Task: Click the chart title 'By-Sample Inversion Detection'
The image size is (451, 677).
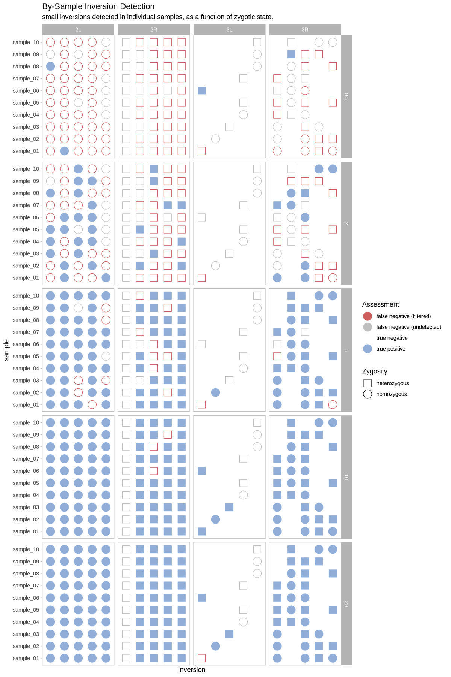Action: (98, 6)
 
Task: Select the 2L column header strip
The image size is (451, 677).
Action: (78, 30)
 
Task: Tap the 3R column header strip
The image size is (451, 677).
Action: (305, 30)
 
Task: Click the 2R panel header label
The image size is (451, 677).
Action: (154, 30)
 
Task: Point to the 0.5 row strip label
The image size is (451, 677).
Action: (346, 97)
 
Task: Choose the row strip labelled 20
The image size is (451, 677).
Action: (346, 604)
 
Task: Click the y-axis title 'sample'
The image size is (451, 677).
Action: (6, 350)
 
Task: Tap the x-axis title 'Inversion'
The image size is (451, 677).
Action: (191, 670)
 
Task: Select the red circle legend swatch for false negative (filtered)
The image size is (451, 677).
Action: (368, 316)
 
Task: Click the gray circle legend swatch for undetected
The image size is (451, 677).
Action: (368, 327)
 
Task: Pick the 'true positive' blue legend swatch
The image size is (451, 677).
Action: (368, 349)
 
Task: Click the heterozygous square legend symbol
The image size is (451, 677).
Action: (368, 383)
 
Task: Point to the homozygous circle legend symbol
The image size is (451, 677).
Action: (368, 394)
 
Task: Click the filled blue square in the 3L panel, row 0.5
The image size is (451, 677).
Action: (202, 91)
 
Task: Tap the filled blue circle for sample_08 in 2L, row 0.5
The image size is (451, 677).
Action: (50, 67)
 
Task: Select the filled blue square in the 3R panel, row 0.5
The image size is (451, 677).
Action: (291, 54)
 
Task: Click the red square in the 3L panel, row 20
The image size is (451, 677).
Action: (202, 658)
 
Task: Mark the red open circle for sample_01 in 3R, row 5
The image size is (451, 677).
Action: (333, 405)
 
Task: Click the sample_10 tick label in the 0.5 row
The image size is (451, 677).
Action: (26, 42)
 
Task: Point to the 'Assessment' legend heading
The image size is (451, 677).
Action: (380, 304)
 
